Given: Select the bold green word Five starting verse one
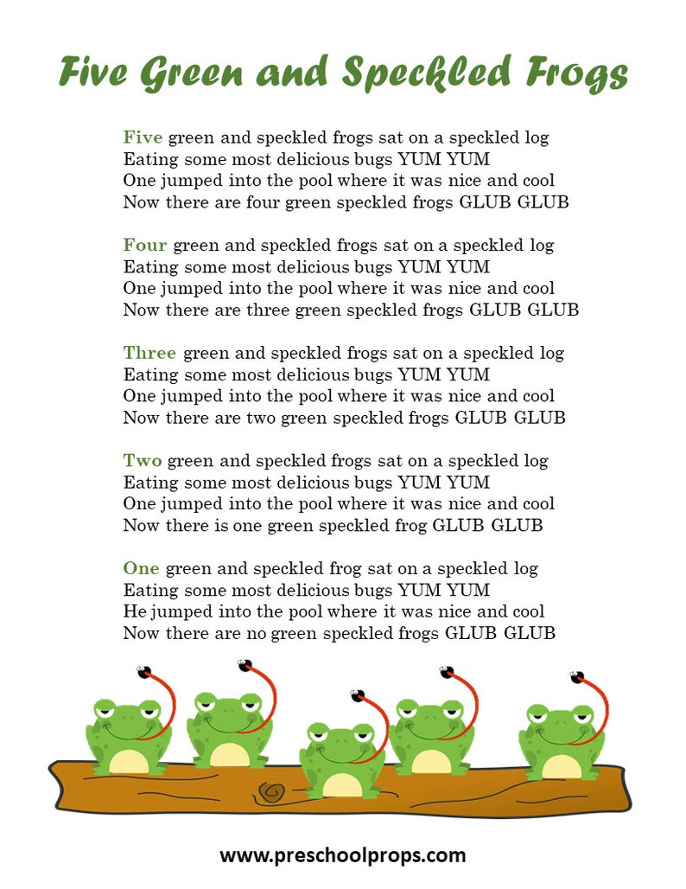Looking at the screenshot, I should (143, 138).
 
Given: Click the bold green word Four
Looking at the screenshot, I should (145, 246).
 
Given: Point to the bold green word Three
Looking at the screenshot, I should (149, 353).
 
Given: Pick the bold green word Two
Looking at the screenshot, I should (143, 461).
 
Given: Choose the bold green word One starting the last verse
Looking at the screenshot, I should (141, 569).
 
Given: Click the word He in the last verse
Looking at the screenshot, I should (134, 612).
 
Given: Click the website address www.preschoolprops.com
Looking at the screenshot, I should (342, 856).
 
